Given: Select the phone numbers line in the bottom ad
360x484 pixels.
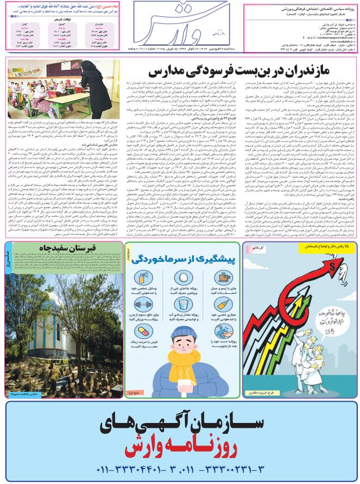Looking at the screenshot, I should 180,469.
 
